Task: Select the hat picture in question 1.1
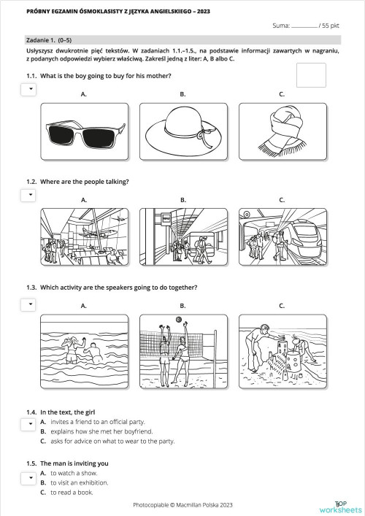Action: pyautogui.click(x=182, y=131)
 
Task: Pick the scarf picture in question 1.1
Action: pyautogui.click(x=280, y=131)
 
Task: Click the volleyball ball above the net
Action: pyautogui.click(x=177, y=320)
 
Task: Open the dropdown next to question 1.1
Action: pyautogui.click(x=28, y=89)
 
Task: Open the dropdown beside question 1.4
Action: pyautogui.click(x=28, y=424)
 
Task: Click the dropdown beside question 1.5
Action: pyautogui.click(x=28, y=479)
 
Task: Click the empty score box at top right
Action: pyautogui.click(x=311, y=75)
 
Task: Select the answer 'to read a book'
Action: pyautogui.click(x=72, y=492)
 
